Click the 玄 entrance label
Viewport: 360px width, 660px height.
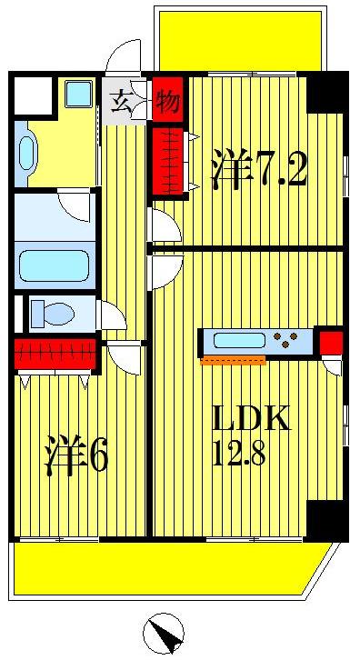click(122, 102)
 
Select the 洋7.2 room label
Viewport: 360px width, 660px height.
click(259, 170)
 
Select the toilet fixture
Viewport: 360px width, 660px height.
click(52, 315)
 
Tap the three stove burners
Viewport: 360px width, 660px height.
click(291, 343)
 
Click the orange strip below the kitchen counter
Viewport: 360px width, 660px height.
click(233, 361)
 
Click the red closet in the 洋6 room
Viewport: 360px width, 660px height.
click(55, 353)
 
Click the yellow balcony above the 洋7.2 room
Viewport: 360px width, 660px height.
click(240, 41)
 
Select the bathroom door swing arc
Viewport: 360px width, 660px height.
click(73, 205)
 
